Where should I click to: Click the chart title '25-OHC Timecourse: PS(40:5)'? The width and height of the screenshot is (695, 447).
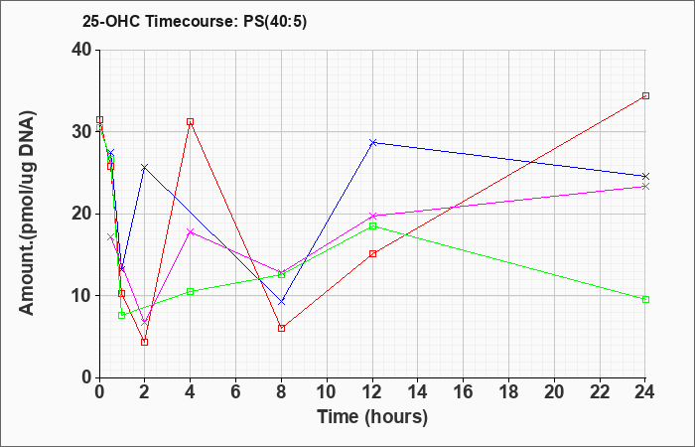195,22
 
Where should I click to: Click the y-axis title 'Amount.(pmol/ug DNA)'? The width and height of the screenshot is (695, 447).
27,214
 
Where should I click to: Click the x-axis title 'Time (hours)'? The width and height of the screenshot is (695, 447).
372,417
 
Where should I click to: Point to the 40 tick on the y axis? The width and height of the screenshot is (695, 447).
82,50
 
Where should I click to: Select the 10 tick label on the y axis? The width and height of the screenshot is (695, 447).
82,296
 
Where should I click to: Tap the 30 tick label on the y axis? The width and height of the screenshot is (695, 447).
82,132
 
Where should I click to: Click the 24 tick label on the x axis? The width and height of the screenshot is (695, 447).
645,392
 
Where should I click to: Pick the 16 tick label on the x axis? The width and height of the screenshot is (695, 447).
464,392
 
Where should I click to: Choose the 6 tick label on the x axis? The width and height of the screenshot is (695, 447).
235,392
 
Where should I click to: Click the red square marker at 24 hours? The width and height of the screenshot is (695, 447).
645,95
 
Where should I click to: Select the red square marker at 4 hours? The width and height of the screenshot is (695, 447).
191,121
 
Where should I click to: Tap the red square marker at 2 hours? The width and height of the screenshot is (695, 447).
145,342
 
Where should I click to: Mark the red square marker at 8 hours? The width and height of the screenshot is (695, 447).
281,328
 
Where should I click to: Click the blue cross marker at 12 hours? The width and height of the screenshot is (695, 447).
372,142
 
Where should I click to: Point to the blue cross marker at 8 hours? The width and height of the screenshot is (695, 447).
281,302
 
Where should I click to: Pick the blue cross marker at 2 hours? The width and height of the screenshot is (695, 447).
145,167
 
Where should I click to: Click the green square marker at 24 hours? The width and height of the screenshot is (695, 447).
645,299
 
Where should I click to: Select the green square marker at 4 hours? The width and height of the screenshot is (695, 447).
191,291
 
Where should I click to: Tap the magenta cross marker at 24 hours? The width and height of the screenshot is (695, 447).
645,187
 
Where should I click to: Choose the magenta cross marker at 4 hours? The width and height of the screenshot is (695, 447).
191,231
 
